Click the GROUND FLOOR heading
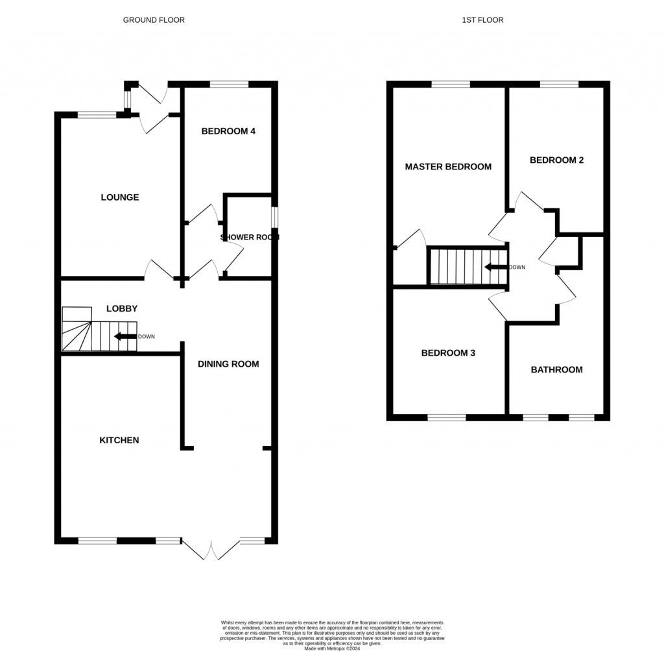[154, 20]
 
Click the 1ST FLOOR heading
[482, 20]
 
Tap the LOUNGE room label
[120, 197]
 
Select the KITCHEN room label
[119, 440]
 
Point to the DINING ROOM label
[228, 364]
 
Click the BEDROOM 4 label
[228, 131]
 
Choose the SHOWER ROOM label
[250, 238]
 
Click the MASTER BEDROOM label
[448, 167]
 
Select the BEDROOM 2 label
[556, 160]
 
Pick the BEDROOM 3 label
[448, 353]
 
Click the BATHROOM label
[556, 370]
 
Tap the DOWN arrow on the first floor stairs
[496, 267]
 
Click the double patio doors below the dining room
[211, 550]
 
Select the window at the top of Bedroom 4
[230, 84]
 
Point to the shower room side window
[274, 216]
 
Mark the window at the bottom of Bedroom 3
[446, 417]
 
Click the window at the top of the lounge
[97, 116]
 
